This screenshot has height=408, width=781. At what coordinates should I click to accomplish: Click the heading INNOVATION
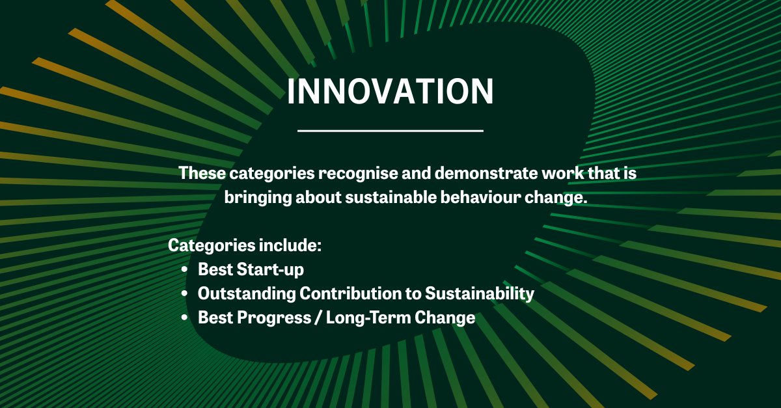pos(390,92)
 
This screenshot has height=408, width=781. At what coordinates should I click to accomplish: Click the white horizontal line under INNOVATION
pos(390,131)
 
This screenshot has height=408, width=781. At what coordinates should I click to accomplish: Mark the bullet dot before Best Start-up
pos(185,269)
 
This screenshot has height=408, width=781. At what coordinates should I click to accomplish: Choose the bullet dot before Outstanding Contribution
pos(185,293)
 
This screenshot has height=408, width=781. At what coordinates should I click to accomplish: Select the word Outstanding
pos(246,293)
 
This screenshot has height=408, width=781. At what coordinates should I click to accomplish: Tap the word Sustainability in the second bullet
pos(479,293)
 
